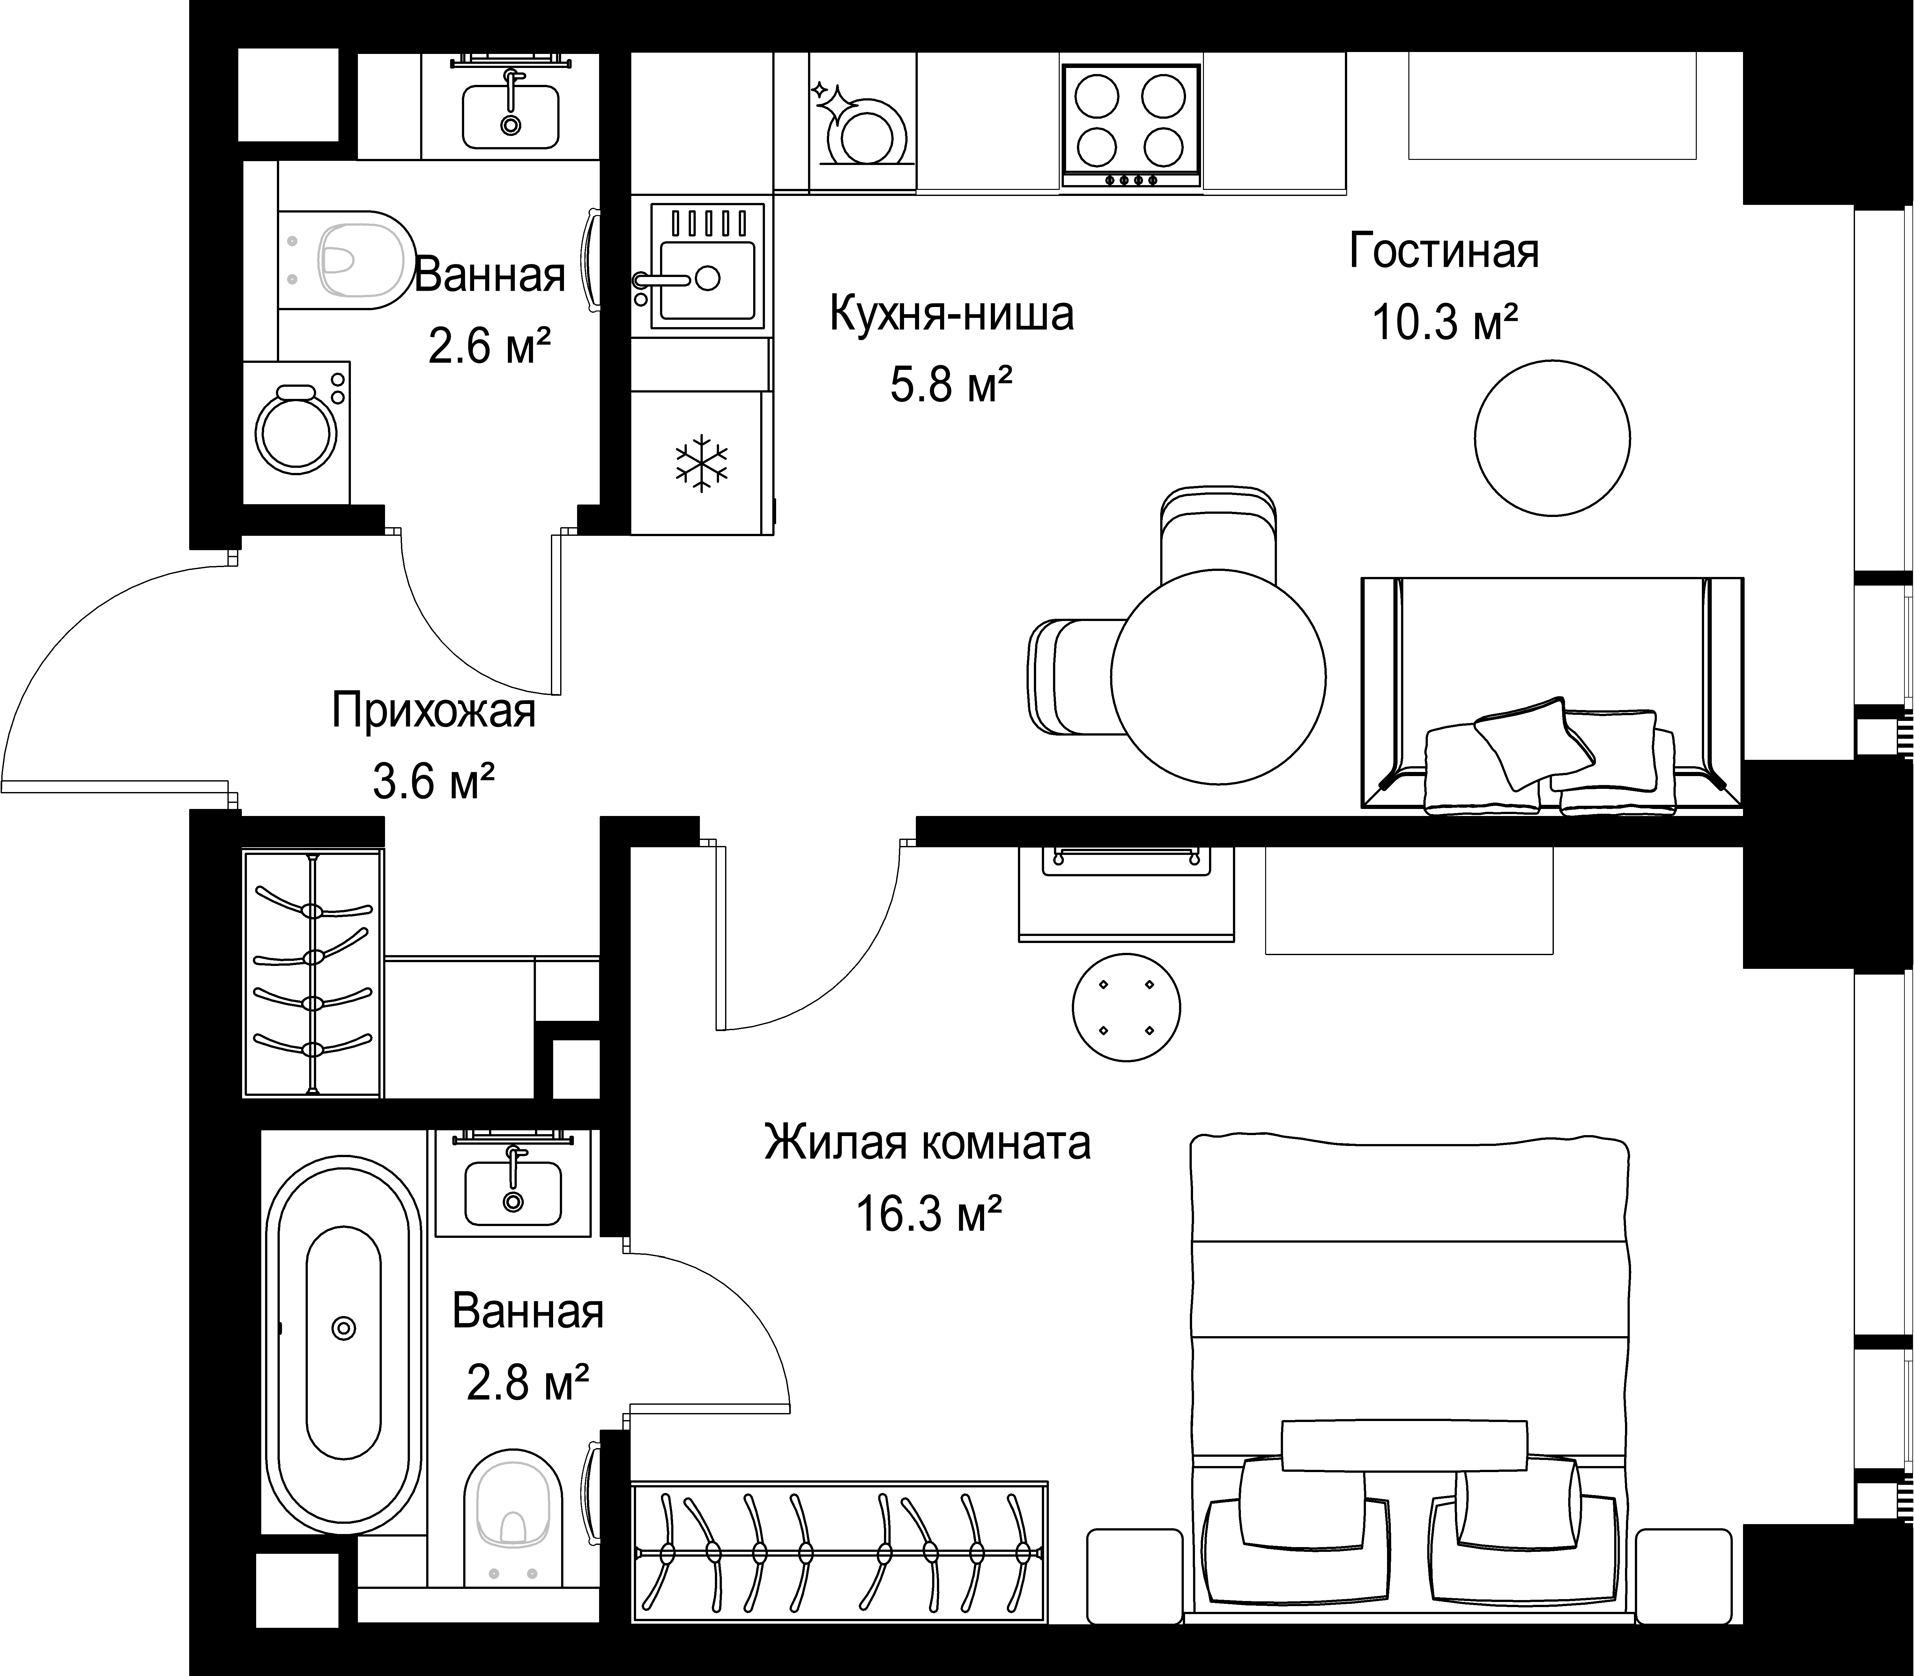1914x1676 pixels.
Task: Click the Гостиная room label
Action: pyautogui.click(x=1444, y=251)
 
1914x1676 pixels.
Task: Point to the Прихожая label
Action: pyautogui.click(x=434, y=712)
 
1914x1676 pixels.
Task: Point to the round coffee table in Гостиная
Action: pyautogui.click(x=1552, y=438)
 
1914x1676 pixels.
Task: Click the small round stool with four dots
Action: pyautogui.click(x=1126, y=1007)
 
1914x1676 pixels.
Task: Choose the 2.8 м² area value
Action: pyautogui.click(x=527, y=1382)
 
